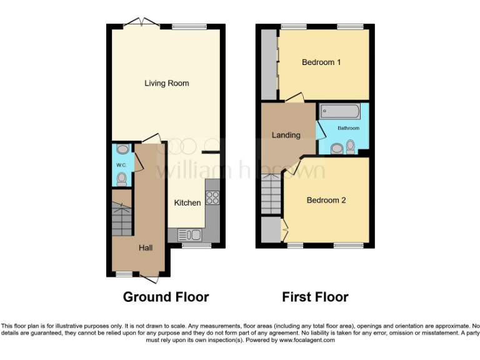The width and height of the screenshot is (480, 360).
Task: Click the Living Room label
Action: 166,83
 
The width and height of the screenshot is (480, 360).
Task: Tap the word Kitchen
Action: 187,202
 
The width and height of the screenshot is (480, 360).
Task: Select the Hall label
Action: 146,248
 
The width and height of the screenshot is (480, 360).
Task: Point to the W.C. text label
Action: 121,164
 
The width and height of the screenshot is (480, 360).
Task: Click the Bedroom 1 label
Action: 321,62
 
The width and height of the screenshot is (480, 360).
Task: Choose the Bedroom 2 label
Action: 326,201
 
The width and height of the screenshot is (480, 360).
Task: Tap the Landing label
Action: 286,135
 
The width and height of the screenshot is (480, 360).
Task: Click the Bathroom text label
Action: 349,128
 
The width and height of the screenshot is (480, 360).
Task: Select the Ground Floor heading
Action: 166,297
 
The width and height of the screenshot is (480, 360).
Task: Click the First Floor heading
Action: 315,297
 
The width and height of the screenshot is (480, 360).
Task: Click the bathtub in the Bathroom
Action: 340,112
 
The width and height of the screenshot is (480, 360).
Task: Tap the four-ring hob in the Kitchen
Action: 212,197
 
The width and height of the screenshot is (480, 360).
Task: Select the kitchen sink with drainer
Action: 189,235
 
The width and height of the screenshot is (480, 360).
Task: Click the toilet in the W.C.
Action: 121,179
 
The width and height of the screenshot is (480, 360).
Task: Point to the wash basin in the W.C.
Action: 121,149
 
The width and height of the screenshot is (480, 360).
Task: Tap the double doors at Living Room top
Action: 141,23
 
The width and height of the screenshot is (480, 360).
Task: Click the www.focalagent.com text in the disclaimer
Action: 307,341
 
